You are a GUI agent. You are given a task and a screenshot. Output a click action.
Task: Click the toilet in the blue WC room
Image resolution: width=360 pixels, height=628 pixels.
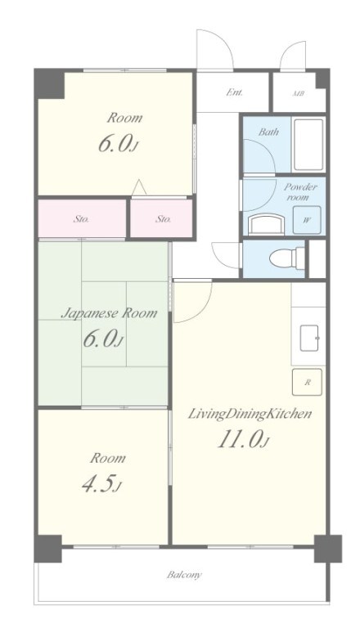(x=287, y=258)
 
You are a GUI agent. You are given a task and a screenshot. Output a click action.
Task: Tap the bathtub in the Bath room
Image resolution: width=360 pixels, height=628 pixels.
(x=308, y=145)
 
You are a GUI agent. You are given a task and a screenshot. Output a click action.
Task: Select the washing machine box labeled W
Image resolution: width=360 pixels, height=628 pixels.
(x=307, y=220)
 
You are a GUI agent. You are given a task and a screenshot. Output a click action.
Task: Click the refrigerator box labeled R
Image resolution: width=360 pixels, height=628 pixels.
(x=307, y=382)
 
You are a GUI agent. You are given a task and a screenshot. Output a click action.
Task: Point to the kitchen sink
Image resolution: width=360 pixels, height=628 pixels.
(x=309, y=337)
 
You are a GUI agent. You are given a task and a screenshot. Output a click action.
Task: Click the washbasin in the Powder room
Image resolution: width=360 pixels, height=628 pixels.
(x=267, y=224)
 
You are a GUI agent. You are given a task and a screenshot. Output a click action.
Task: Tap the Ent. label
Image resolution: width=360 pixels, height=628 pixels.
(x=235, y=92)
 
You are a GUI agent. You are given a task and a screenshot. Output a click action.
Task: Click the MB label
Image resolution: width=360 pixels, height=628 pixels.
(x=298, y=93)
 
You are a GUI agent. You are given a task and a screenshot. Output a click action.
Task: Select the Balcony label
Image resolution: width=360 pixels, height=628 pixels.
(x=184, y=575)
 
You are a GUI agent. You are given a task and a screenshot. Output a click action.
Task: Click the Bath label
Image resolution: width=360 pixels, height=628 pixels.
(x=268, y=132)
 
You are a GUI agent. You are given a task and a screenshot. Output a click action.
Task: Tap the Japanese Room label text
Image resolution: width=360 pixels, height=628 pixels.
(x=109, y=313)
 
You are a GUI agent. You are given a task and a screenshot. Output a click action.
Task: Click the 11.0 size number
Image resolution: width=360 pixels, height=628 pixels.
(x=239, y=439)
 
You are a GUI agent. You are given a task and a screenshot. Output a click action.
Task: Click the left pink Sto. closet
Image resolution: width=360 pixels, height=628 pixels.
(x=82, y=218)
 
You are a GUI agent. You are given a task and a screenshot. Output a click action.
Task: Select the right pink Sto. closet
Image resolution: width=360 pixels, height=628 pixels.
(x=161, y=218)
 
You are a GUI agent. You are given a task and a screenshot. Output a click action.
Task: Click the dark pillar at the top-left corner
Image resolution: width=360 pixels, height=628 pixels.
(x=49, y=83)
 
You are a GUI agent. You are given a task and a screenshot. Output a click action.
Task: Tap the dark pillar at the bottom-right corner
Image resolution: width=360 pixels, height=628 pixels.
(x=328, y=549)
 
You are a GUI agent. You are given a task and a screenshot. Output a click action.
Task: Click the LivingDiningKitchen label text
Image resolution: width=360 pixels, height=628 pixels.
(x=250, y=414)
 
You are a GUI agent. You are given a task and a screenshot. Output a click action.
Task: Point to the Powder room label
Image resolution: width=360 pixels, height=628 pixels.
(x=300, y=192)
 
